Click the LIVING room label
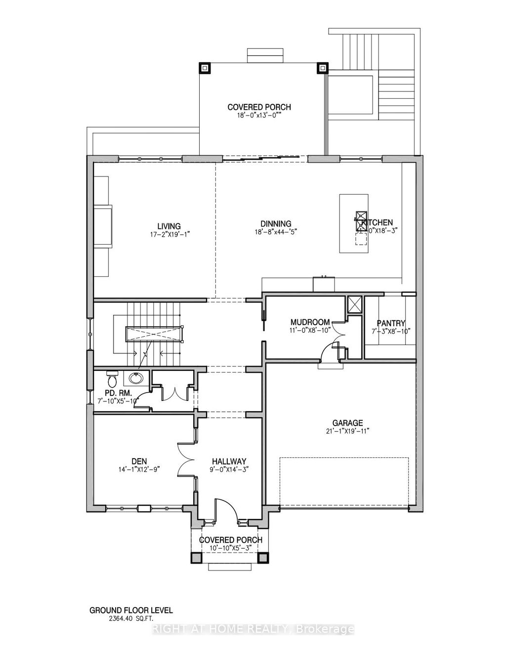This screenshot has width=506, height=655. [169, 227]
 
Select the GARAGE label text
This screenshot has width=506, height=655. [347, 423]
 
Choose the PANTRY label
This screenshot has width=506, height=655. [391, 323]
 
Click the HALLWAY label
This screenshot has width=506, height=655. [226, 461]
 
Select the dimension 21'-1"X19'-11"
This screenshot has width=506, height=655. [347, 431]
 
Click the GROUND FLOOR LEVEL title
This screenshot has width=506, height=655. [131, 611]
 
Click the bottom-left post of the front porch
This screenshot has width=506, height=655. [197, 557]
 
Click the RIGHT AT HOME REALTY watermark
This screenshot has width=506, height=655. [253, 629]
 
